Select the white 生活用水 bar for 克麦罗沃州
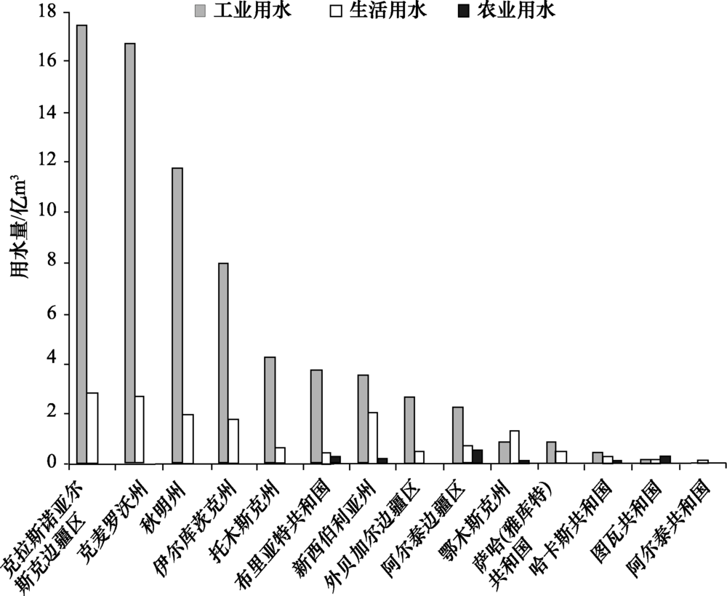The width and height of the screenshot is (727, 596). [x=140, y=429]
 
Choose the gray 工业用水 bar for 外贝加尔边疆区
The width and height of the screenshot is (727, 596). [x=409, y=430]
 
